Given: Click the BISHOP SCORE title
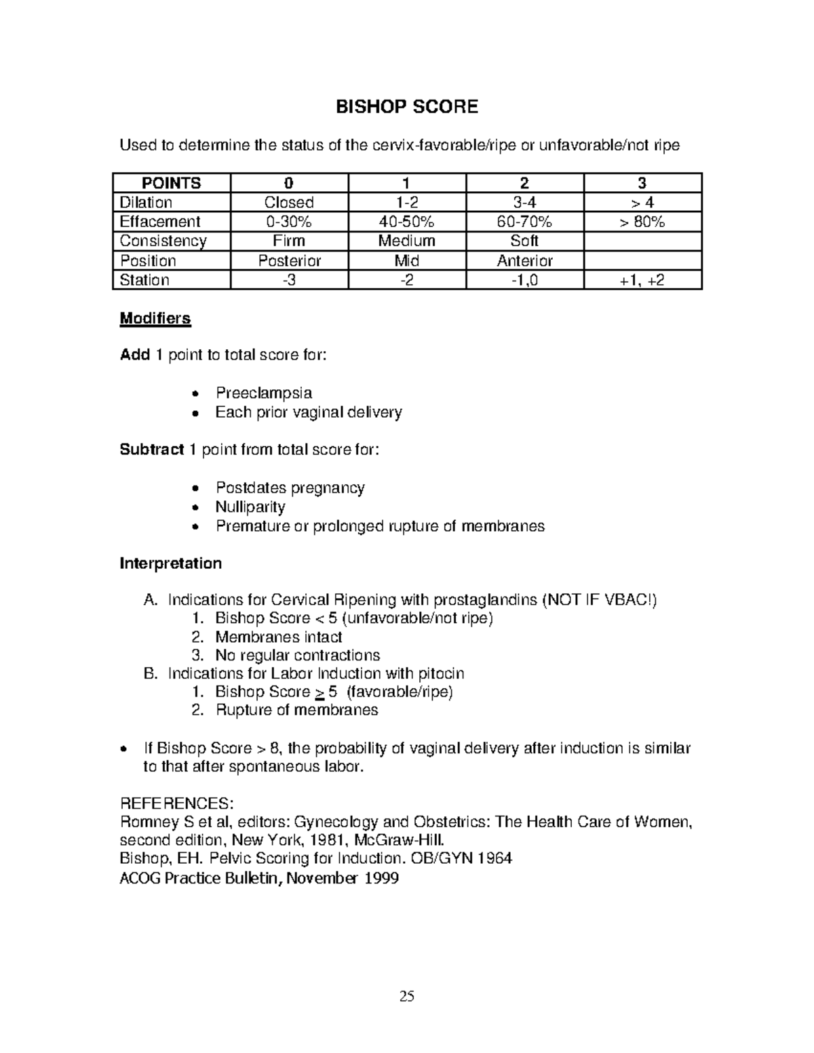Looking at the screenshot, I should coord(407,106).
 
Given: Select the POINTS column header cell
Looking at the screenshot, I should coord(171,183).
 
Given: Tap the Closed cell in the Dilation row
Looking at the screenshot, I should coord(289,203).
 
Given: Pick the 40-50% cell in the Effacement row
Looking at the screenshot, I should coord(407,222).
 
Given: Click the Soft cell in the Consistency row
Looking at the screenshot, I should coord(524,241).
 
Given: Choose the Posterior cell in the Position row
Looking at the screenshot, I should coord(289,261).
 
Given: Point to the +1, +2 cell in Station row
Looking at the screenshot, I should coord(642,280).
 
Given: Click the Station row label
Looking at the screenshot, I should coord(144,280).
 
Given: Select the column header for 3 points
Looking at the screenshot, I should coord(642,183).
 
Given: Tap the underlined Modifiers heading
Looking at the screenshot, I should coord(155,319).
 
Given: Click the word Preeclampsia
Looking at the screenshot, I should coord(263,393).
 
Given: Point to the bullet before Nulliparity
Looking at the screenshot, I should coord(195,508).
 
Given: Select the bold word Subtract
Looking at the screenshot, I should coord(151,450).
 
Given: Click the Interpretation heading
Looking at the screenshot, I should coord(170,563).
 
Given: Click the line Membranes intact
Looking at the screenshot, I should coord(278,637).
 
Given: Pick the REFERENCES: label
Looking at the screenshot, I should coord(176,803).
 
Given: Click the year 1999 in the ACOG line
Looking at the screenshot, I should coord(381,879).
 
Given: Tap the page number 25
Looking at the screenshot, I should coord(407,996).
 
